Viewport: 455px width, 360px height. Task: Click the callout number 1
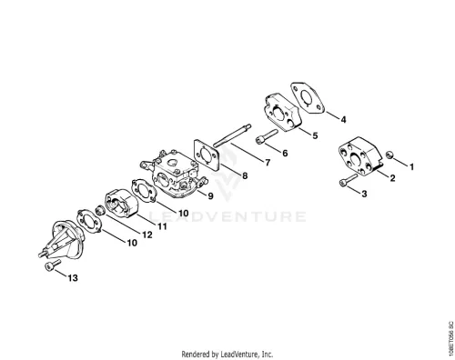pos(411,167)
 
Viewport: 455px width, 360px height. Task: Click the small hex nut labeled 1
pos(389,155)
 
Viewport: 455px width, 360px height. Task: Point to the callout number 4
pos(343,120)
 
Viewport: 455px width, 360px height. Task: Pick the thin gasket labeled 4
pos(308,97)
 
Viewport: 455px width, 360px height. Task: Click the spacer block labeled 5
pos(284,112)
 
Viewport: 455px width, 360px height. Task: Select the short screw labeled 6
pos(267,137)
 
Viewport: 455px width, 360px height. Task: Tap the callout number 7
pos(268,163)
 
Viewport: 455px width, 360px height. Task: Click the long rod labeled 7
pos(232,135)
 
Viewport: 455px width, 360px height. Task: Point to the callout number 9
pos(210,196)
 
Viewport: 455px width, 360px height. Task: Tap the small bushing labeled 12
pos(99,210)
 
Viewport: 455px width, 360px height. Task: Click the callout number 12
pos(147,235)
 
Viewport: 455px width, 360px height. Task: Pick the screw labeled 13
pos(53,265)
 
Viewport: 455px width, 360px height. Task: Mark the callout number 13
pos(73,278)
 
